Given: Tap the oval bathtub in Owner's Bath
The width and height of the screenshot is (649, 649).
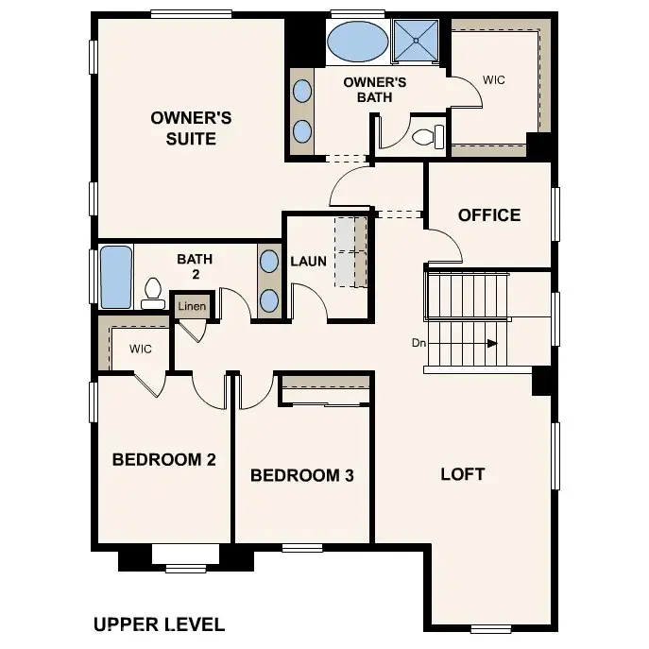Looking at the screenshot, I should (x=356, y=43).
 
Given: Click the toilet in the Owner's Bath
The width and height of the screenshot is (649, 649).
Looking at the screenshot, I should (x=427, y=137).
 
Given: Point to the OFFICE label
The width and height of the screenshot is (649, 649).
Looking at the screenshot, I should (x=488, y=215).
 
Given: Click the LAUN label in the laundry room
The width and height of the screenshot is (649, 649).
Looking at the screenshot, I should (x=308, y=261).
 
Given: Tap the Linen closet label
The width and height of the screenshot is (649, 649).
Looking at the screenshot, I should (x=192, y=307).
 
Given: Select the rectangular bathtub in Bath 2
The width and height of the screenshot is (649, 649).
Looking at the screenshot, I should (x=115, y=277).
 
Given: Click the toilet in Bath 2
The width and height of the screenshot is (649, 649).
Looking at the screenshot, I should (x=152, y=294).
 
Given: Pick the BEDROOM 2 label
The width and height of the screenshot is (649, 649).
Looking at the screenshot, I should (x=163, y=460).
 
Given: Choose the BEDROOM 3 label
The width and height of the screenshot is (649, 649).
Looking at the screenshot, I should (x=301, y=475).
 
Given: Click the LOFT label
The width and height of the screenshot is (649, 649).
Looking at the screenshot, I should (x=462, y=473).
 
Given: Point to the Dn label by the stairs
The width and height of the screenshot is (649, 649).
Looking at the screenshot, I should (x=418, y=343).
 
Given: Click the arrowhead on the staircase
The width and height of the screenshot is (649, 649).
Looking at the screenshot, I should (x=491, y=344).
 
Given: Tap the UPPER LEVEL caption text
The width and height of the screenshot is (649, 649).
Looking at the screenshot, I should (x=159, y=624).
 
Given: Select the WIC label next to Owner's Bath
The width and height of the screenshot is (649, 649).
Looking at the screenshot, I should (x=493, y=80).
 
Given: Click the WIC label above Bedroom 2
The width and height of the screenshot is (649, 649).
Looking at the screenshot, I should (x=141, y=349).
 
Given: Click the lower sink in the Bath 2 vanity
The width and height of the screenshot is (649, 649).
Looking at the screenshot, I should (x=269, y=300).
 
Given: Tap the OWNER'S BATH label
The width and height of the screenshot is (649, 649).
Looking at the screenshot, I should (x=374, y=89).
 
